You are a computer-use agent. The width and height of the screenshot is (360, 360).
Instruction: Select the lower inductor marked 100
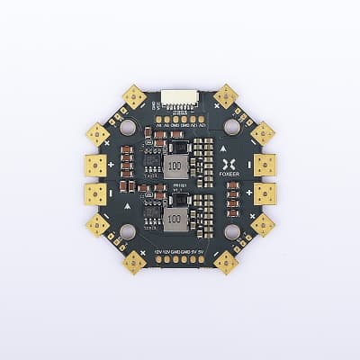(x=176, y=220)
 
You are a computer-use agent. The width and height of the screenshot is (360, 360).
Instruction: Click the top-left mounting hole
(x=128, y=129)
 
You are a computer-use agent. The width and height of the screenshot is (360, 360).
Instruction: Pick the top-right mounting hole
(x=231, y=129)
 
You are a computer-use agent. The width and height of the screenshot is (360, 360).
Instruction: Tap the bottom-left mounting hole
(x=128, y=232)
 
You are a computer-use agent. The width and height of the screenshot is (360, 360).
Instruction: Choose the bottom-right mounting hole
(x=231, y=232)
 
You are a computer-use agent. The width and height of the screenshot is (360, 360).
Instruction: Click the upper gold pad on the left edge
(x=95, y=165)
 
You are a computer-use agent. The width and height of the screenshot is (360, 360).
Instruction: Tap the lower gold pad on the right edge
(x=265, y=194)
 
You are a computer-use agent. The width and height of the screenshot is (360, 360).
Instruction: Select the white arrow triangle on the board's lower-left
(x=129, y=206)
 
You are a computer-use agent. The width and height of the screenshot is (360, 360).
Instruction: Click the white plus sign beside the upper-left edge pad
(x=112, y=166)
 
